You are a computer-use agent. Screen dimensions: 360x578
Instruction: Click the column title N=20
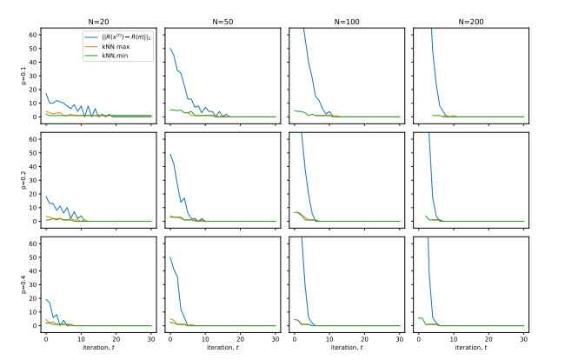[x=98, y=21]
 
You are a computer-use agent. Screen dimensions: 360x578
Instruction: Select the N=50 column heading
[x=223, y=21]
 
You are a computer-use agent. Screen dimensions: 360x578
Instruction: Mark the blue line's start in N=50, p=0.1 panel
[x=170, y=49]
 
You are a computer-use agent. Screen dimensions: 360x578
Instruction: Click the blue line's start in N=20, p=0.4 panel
[x=46, y=299]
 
